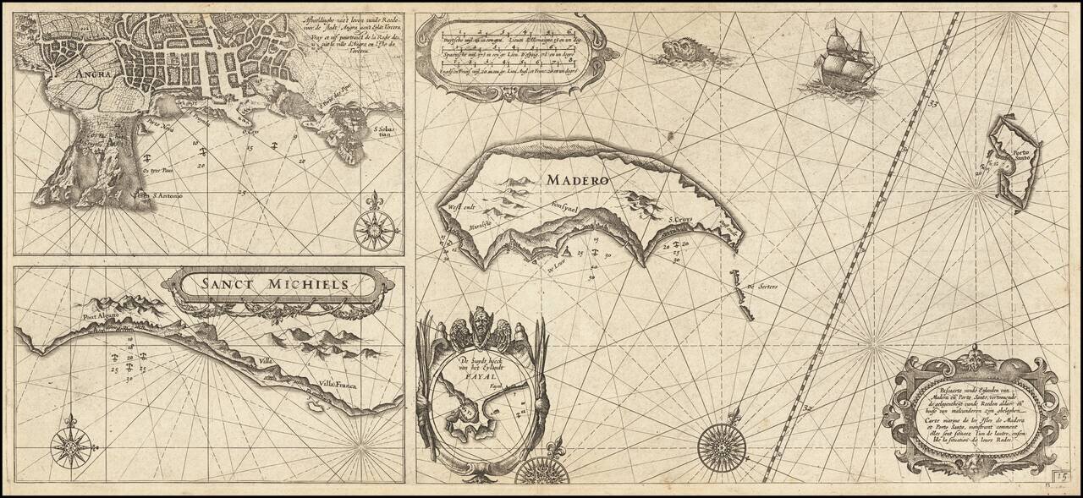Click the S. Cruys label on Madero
pos(679,222)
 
